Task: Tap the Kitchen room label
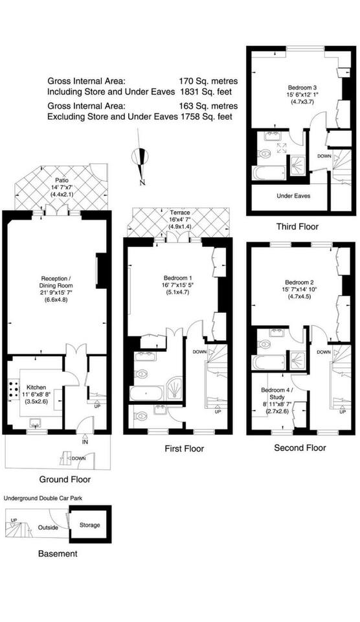pos(36,387)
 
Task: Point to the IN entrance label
pos(85,441)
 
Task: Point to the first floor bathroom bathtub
pos(146,393)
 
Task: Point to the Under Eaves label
pos(293,196)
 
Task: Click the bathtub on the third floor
pos(269,173)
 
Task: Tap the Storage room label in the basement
pos(89,525)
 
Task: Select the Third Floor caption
pos(297,227)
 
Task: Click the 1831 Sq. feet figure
pos(206,91)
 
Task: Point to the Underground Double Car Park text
pos(43,498)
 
